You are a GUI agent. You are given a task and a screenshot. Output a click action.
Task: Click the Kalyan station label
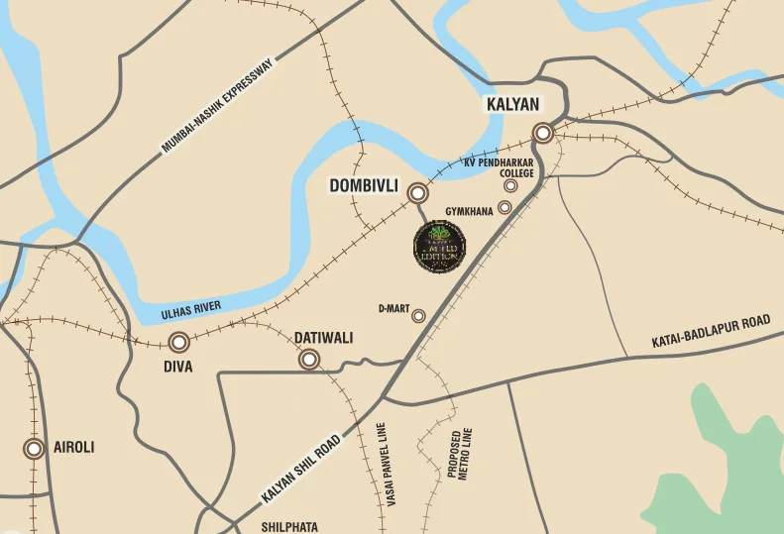[511, 104]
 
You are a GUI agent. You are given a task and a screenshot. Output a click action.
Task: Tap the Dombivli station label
[364, 185]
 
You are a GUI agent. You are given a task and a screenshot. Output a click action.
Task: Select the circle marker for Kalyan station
[542, 133]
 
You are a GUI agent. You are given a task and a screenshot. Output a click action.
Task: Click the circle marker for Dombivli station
[418, 193]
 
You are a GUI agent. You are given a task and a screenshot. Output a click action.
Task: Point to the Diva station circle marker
[178, 343]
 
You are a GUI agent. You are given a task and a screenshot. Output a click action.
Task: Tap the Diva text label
[178, 367]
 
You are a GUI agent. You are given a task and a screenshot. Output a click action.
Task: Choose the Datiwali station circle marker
[310, 360]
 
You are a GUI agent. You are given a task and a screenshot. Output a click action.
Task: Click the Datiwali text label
[323, 338]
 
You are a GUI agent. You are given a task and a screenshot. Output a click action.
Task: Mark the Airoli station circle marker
[35, 449]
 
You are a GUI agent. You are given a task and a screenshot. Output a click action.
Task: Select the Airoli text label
[73, 448]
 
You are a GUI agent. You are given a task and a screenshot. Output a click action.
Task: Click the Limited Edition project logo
[439, 247]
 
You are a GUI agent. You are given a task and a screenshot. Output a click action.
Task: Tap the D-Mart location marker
[418, 316]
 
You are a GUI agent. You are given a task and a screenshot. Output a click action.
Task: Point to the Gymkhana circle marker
[504, 207]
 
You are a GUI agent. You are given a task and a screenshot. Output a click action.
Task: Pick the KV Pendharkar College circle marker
[510, 185]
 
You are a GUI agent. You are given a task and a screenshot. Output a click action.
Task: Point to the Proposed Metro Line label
[461, 455]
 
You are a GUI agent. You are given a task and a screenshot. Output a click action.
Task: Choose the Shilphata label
[289, 527]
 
